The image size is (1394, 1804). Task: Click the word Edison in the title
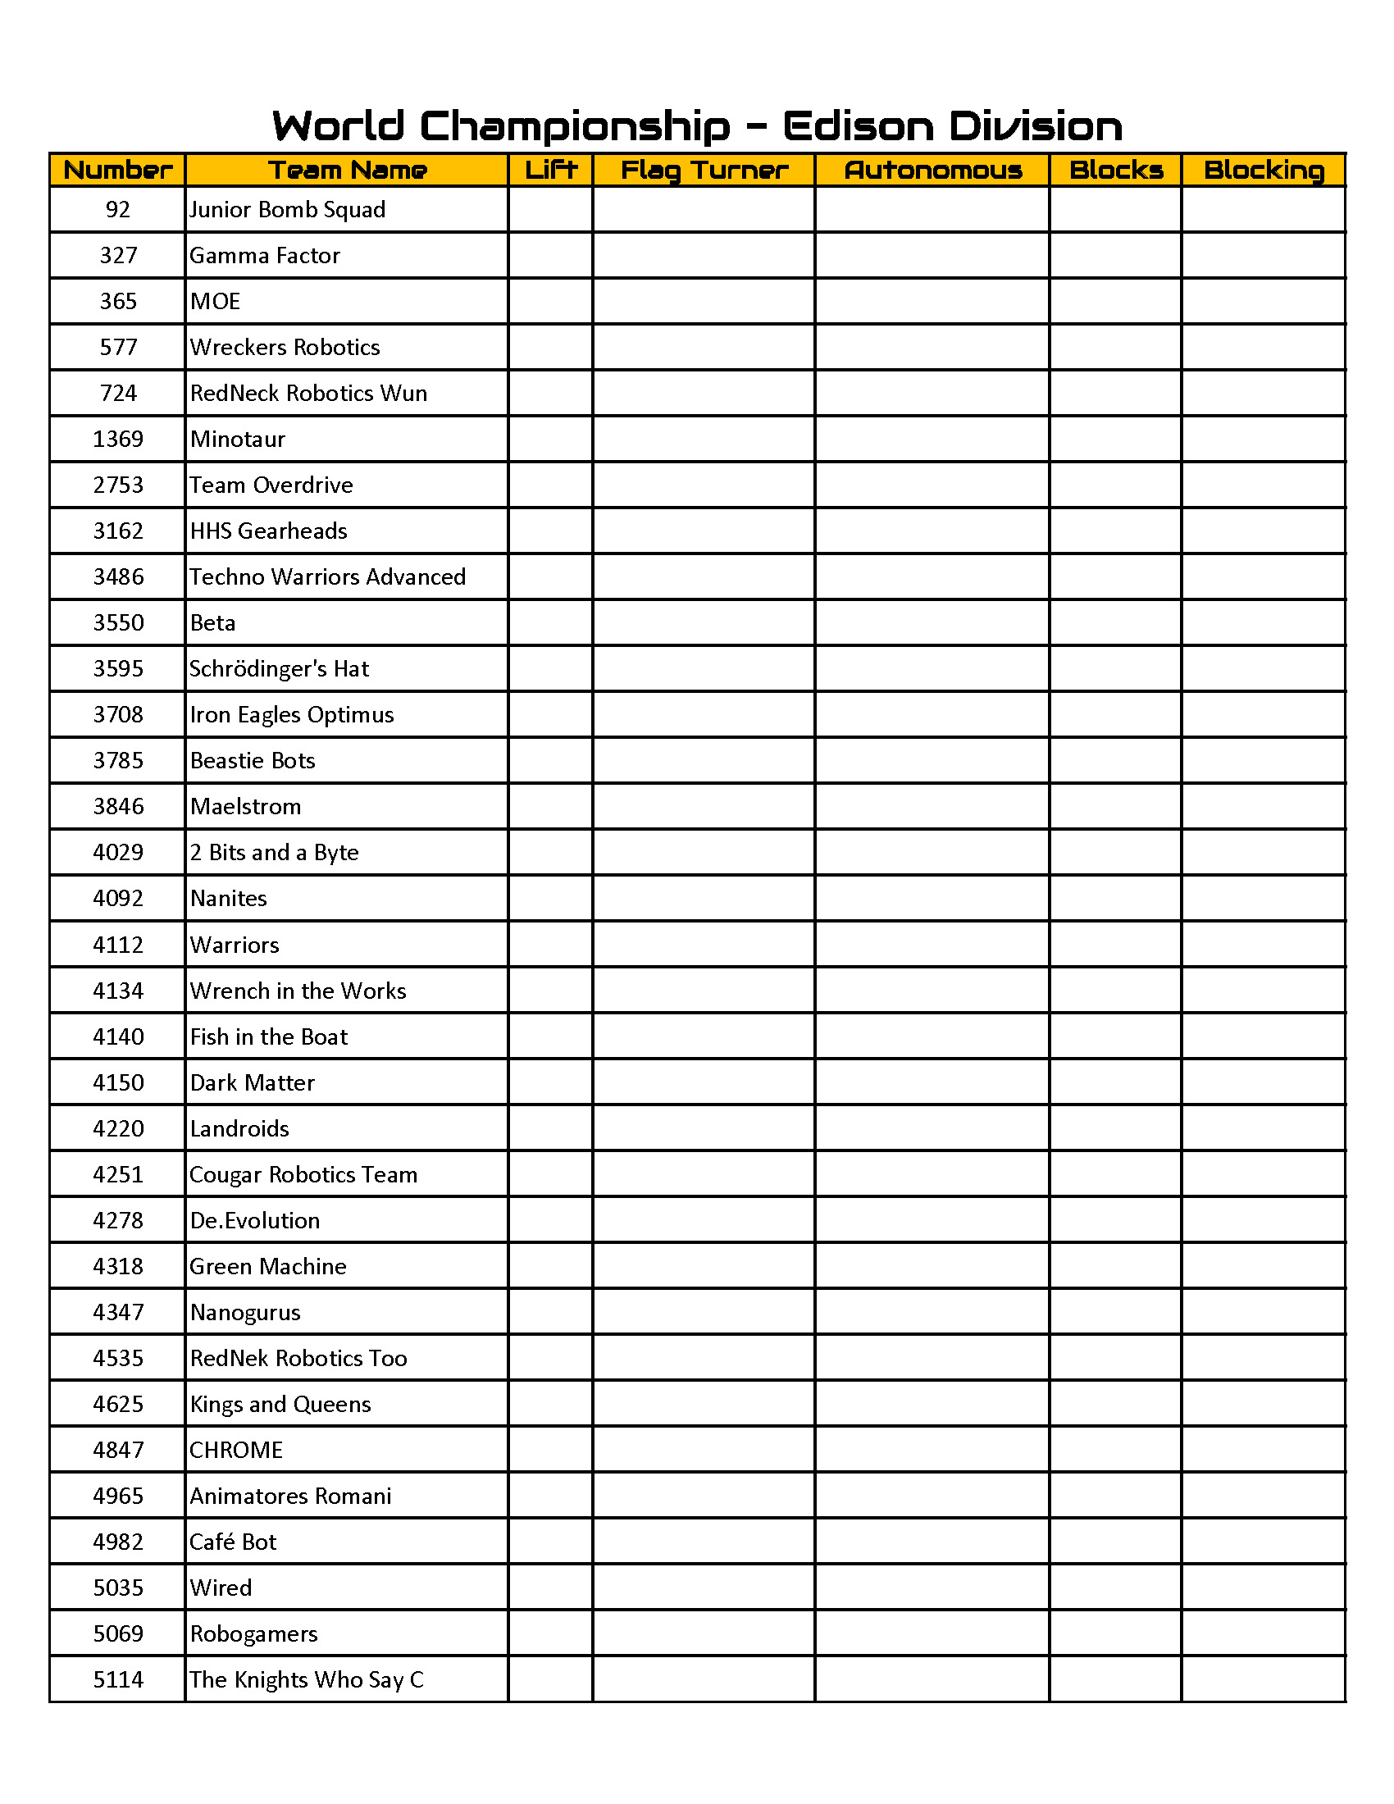(857, 126)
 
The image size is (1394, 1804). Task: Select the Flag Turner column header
(704, 171)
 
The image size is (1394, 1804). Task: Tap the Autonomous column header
(932, 171)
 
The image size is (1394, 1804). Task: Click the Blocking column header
(1264, 171)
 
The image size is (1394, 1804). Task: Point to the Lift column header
(551, 171)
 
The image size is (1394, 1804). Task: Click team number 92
(118, 210)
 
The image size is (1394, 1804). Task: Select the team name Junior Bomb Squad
(287, 210)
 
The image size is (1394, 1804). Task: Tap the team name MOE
(215, 302)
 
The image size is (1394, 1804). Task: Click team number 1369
(118, 440)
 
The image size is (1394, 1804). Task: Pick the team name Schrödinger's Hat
(279, 669)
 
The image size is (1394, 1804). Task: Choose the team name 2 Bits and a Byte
(274, 853)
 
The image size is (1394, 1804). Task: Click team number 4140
(118, 1036)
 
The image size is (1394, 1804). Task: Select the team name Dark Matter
(252, 1083)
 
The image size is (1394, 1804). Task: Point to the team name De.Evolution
(254, 1221)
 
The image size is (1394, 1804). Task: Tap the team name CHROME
(236, 1451)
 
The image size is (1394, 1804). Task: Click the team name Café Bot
(233, 1542)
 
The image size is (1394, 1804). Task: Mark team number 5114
(118, 1680)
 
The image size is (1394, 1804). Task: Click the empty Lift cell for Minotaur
(551, 440)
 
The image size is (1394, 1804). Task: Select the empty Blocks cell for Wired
(1116, 1588)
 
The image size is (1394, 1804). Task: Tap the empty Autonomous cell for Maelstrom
(932, 806)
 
